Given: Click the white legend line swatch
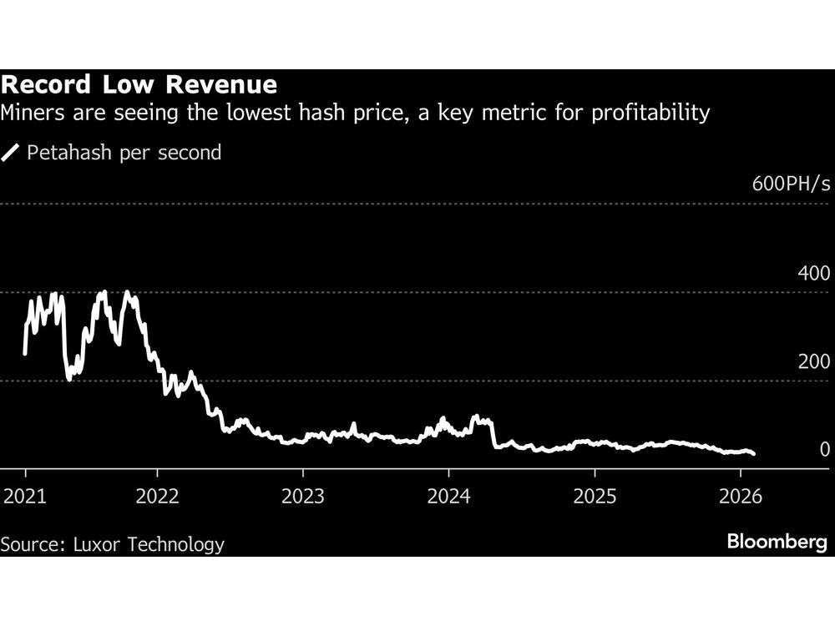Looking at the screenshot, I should pos(12,153).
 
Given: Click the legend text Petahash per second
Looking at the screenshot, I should pos(124,153).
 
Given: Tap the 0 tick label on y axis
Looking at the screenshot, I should pos(825,450).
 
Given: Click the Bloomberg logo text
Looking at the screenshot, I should pos(777,543).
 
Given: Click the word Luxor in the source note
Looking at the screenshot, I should pos(99,544).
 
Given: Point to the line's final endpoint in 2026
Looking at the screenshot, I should pos(754,454).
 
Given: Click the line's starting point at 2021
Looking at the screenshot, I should pos(25,354).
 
